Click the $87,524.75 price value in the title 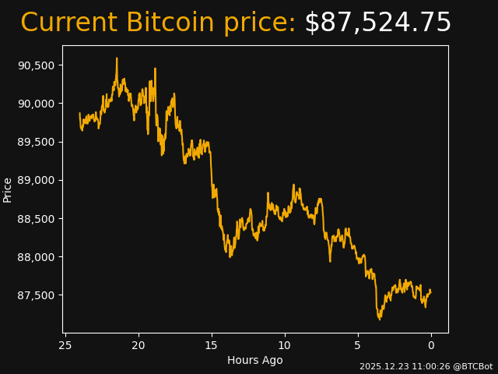pos(377,23)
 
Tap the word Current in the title pos(68,23)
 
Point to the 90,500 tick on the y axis pos(36,65)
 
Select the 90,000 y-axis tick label pos(36,104)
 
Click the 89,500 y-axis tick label pos(36,142)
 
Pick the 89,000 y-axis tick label pos(36,180)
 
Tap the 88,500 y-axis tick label pos(36,219)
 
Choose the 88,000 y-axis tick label pos(36,257)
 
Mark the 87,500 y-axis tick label pos(36,295)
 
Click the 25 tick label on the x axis pos(65,345)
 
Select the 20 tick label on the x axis pos(139,345)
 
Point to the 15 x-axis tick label pos(212,345)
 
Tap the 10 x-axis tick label pos(285,345)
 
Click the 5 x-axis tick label pos(358,345)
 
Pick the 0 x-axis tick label pos(431,345)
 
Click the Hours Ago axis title pos(255,360)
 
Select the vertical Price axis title pos(8,189)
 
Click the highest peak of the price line pos(117,58)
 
